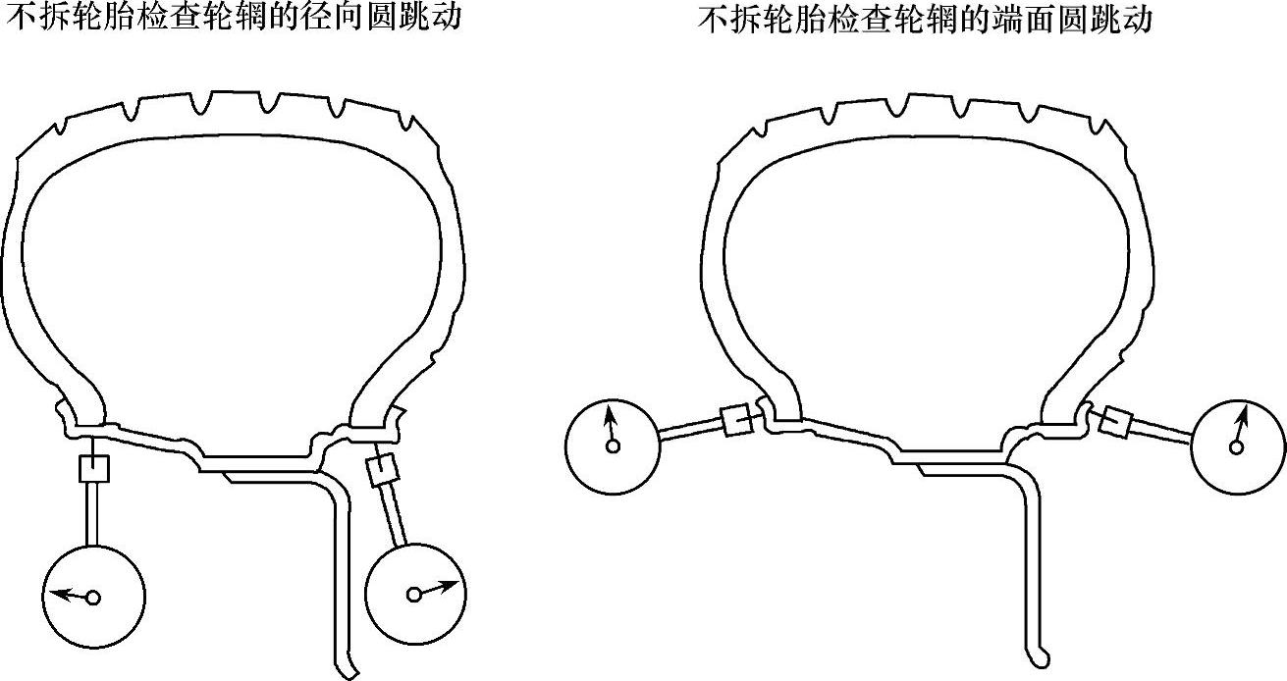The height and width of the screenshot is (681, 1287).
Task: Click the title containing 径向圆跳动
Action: point(232,18)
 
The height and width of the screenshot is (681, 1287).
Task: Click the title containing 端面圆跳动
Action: point(925,18)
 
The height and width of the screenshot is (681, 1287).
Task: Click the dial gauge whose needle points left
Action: point(94,595)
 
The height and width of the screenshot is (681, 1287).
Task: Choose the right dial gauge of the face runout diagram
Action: point(1237,446)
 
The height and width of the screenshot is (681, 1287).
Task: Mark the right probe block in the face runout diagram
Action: point(1116,423)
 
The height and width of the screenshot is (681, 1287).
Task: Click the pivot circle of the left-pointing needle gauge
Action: point(93,598)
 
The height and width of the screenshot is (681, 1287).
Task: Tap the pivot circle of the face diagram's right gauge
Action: point(1236,447)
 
